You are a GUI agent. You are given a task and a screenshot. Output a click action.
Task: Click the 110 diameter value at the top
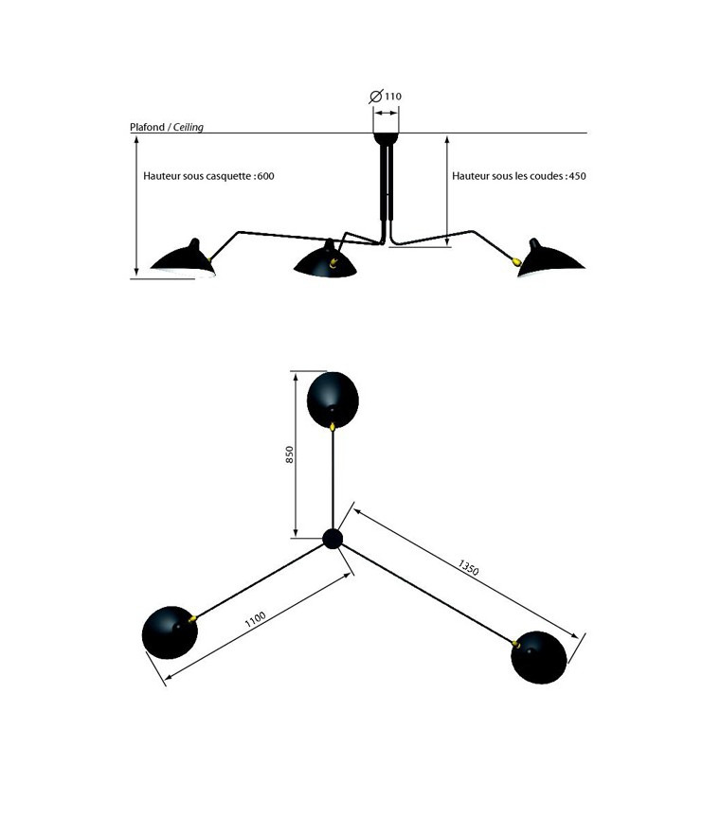393,97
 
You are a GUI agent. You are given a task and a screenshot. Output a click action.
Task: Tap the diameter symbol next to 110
375,97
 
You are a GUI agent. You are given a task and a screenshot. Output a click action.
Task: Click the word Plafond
147,127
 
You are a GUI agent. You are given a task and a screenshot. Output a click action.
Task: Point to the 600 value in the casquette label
265,176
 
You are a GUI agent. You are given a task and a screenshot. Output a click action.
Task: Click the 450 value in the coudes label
577,176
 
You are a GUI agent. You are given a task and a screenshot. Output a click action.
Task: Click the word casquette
228,176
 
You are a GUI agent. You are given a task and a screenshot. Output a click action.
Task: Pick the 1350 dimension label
468,568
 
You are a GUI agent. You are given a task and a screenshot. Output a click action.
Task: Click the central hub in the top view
333,539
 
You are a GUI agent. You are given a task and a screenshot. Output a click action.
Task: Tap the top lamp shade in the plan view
333,398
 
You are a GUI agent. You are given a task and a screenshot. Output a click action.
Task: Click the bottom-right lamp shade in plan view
539,656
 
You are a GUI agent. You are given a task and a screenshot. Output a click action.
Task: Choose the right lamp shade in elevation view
553,259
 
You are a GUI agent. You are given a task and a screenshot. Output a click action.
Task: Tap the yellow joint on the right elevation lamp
516,261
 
